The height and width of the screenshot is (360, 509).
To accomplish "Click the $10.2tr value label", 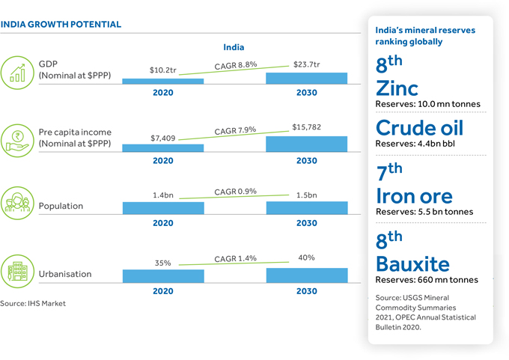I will pos(163,71).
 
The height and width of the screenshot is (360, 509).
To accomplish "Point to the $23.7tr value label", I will pos(307,64).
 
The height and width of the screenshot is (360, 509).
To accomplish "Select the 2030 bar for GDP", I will pos(307,77).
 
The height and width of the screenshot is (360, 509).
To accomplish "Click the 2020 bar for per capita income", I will pos(163,147).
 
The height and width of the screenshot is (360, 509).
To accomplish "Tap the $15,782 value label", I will pos(307,127).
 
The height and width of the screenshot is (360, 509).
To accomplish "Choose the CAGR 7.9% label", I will pos(235,132).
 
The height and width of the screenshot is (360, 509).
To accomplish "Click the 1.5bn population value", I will pos(307,195).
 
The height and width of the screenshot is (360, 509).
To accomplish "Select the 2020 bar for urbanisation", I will pos(163,275).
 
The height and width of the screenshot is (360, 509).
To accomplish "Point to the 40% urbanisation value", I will pos(307,258).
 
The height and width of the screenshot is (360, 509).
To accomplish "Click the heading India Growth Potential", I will pos(61,25).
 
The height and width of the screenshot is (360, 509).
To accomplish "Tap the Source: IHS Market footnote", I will pos(33,303).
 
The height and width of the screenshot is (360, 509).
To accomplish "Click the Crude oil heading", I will pos(419,127).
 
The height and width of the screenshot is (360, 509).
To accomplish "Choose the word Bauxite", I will pos(412,263).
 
